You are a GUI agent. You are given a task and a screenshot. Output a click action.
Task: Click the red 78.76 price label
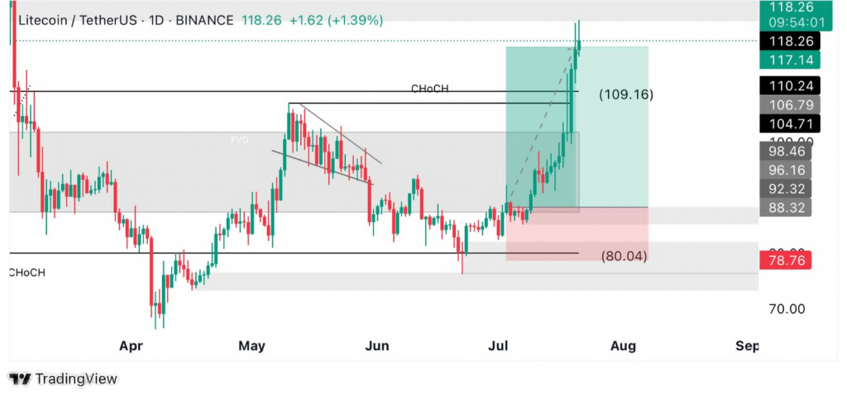tap(785, 260)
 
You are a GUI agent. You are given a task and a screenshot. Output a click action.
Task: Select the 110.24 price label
tap(785, 85)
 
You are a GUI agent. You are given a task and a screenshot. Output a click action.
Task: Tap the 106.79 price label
tap(785, 104)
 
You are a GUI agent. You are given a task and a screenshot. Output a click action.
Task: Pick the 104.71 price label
tap(785, 123)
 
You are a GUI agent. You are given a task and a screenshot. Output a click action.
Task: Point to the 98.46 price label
tap(785, 151)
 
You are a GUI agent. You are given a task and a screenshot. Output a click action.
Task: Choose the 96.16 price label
tap(785, 170)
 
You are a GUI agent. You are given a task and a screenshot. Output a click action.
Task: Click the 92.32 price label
tap(785, 188)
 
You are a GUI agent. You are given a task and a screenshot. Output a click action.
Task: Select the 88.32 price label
tap(785, 207)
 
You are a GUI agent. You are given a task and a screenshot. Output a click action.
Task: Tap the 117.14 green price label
tap(785, 60)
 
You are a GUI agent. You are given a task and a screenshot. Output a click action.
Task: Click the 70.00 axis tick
tap(787, 309)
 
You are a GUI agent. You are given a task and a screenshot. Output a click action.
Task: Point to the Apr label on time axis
tap(131, 345)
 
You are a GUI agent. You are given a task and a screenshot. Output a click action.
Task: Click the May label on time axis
tap(252, 345)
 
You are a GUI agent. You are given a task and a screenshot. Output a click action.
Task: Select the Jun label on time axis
tap(376, 345)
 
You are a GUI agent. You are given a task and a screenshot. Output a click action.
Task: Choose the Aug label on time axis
tap(623, 345)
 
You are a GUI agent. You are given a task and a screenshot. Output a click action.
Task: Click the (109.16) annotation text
tap(625, 94)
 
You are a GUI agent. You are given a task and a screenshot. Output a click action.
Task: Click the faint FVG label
tap(239, 141)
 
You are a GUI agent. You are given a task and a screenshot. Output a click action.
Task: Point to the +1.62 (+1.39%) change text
tap(336, 20)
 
